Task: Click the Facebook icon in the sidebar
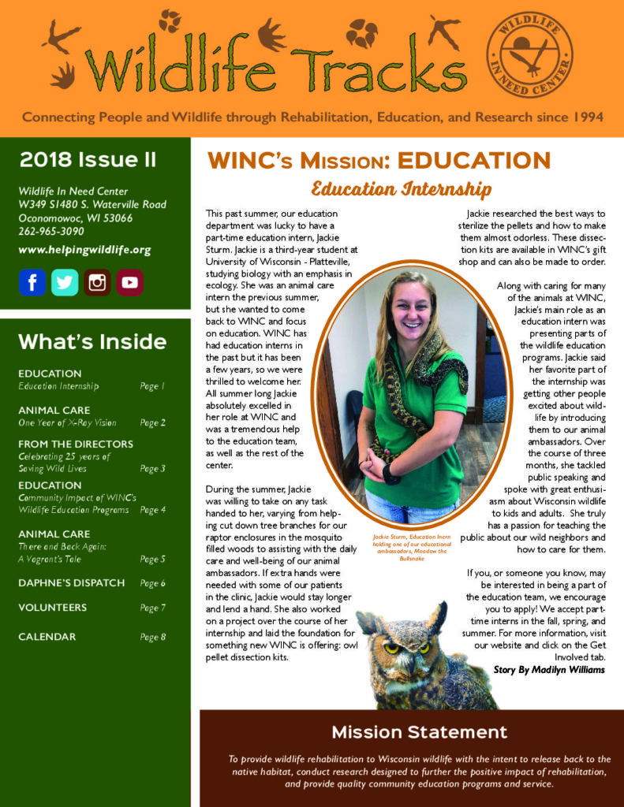(x=32, y=282)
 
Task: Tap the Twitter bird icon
(x=65, y=282)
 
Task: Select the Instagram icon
(x=98, y=282)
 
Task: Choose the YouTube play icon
(x=130, y=282)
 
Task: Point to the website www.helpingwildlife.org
(x=84, y=250)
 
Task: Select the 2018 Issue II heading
(x=88, y=159)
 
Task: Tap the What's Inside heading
(x=92, y=341)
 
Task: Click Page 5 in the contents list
(x=152, y=559)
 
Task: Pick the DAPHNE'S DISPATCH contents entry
(x=72, y=583)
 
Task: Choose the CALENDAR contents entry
(x=47, y=637)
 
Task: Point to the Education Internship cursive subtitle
(x=401, y=190)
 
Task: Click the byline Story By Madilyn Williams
(x=549, y=670)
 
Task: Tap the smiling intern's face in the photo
(x=413, y=311)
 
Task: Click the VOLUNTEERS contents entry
(x=53, y=608)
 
